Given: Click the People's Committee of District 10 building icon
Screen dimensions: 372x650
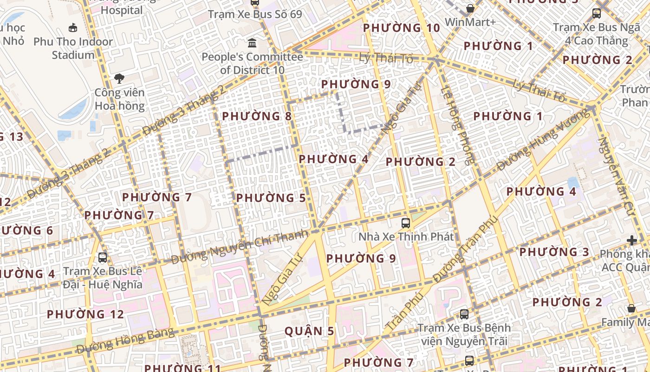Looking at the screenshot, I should [252, 43].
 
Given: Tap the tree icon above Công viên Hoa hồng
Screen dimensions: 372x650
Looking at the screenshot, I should [119, 78].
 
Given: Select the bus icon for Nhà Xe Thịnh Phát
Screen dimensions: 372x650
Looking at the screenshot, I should [406, 223].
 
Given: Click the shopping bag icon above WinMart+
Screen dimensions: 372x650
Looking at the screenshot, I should [470, 8].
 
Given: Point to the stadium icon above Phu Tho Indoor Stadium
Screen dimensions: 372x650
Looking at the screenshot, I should [73, 28].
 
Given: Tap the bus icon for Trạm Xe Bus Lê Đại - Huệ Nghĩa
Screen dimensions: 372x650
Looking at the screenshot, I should [103, 257].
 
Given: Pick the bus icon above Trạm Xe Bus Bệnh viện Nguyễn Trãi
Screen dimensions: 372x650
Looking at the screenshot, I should [464, 314].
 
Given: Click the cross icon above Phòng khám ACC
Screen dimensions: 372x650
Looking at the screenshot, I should [631, 240].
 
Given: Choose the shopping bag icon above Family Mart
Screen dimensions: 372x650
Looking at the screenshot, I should [631, 308].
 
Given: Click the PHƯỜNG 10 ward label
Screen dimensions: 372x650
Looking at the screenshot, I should [401, 28].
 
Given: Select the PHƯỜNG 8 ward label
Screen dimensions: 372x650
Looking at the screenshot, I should [257, 116].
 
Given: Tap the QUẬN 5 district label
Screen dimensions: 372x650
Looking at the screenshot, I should [309, 331].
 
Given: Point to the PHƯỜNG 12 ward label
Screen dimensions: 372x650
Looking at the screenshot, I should [85, 314].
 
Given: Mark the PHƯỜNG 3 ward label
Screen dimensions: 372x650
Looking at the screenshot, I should [554, 252].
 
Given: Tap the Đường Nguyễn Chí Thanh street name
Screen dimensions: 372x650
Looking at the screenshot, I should [240, 247].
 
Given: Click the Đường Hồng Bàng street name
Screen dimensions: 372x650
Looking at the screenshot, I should [125, 341].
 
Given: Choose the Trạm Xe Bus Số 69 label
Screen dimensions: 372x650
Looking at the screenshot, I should [255, 14].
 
